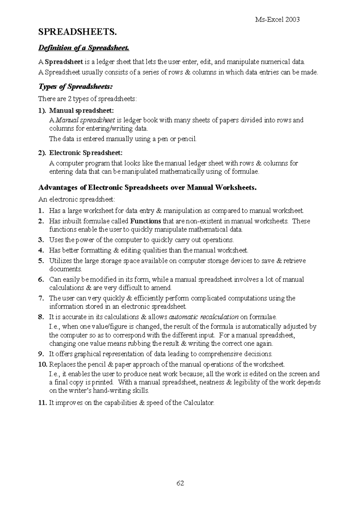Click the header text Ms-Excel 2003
(277, 20)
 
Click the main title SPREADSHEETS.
(77, 32)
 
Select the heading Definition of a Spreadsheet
(84, 48)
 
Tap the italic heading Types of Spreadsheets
(76, 87)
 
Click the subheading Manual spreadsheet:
(82, 111)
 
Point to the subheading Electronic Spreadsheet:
(86, 153)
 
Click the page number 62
(180, 483)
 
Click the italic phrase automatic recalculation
(204, 317)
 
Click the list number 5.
(41, 261)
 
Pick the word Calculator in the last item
(199, 403)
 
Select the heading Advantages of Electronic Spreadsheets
(148, 188)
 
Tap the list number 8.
(41, 317)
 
